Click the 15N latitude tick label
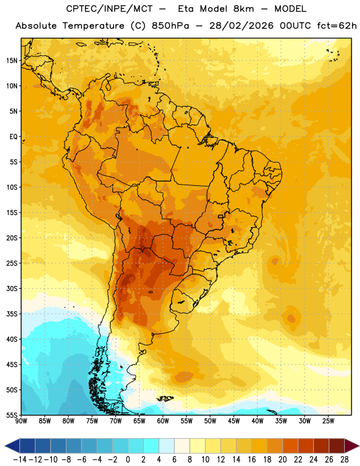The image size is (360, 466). click(12, 61)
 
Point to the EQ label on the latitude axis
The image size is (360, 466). click(13, 137)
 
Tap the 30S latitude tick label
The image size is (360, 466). click(12, 288)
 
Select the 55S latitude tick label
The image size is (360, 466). click(12, 415)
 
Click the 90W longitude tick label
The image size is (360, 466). click(21, 421)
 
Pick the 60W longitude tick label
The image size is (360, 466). click(163, 421)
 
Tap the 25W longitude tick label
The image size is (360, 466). click(328, 421)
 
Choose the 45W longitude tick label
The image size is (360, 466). click(234, 421)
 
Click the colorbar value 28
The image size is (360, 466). click(344, 460)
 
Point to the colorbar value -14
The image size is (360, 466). click(20, 460)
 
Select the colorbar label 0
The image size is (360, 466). click(128, 460)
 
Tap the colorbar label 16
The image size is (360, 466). click(252, 460)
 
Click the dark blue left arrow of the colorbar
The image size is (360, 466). click(12, 446)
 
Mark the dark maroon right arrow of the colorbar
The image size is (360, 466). click(352, 446)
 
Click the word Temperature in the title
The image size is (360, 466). click(93, 26)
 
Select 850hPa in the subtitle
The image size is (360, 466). click(170, 26)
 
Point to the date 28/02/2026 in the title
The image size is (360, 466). click(241, 26)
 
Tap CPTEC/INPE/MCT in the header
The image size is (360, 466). click(110, 9)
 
